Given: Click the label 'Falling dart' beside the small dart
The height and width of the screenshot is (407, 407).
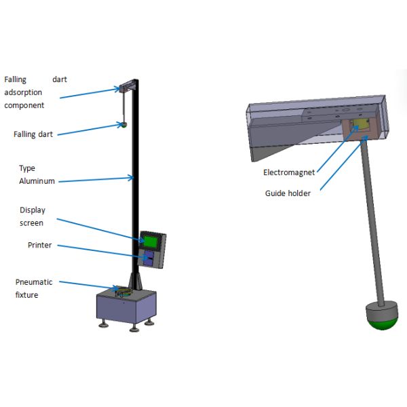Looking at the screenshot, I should tap(33, 134).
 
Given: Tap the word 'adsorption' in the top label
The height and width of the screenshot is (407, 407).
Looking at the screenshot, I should tap(24, 93).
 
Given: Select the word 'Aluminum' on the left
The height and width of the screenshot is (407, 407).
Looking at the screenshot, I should tap(37, 181).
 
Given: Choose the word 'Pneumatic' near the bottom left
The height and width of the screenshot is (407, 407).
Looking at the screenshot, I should tap(34, 282).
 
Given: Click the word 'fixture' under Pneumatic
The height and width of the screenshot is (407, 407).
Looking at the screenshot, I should tap(27, 295).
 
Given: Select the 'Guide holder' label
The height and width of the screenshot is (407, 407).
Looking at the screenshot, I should tap(288, 193).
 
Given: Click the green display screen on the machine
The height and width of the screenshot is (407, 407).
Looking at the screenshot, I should tap(151, 240).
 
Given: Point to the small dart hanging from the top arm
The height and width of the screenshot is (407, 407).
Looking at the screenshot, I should tap(124, 124).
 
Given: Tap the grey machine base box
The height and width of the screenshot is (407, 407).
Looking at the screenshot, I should tap(126, 309).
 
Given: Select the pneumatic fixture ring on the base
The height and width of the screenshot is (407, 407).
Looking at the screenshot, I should tap(123, 292).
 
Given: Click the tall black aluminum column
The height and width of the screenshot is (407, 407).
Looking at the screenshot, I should tap(136, 176).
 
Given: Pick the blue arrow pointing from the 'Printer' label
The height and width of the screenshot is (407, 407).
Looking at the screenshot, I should tap(102, 250).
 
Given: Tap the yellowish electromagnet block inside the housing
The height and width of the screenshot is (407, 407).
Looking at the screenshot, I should tap(360, 125).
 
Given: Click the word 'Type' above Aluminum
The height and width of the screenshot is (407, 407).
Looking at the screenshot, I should tap(27, 168).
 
